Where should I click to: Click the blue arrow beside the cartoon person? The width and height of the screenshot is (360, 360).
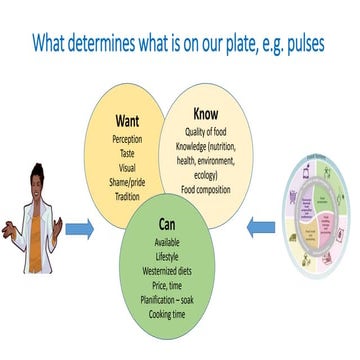[x=81, y=230]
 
